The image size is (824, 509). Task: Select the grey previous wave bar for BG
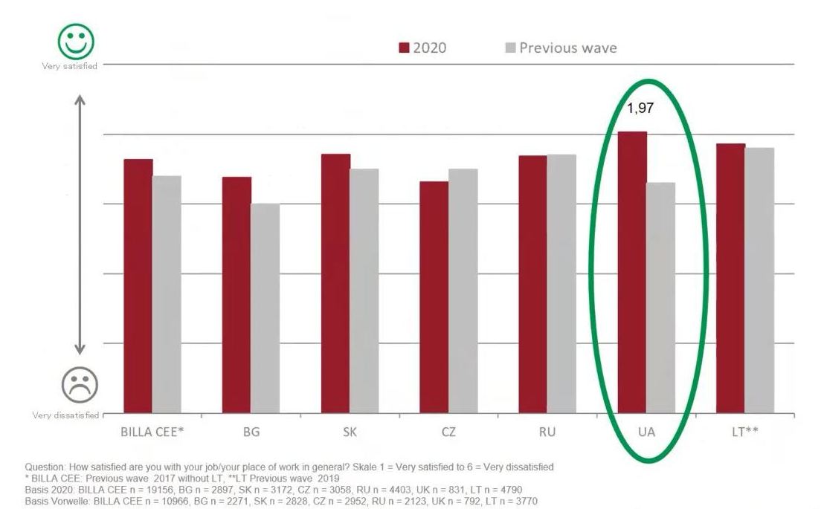click(265, 308)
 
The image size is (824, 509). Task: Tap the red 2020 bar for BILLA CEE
click(138, 285)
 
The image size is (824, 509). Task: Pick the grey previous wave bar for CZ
click(463, 290)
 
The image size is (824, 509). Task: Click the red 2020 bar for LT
click(730, 278)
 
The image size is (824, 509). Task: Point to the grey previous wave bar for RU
click(561, 283)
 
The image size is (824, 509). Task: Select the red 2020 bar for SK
click(335, 283)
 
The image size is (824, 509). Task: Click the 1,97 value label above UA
click(640, 108)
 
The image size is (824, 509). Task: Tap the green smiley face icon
click(77, 42)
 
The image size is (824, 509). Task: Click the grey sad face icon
click(80, 384)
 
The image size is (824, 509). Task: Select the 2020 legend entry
click(422, 48)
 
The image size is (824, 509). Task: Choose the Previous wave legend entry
click(561, 48)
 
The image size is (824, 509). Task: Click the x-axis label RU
click(547, 432)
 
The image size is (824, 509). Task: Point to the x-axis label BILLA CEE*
click(152, 432)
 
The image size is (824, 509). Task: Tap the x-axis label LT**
click(744, 432)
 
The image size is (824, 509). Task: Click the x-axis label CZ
click(448, 432)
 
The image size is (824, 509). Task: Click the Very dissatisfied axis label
click(65, 415)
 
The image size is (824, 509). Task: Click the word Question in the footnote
click(45, 467)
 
